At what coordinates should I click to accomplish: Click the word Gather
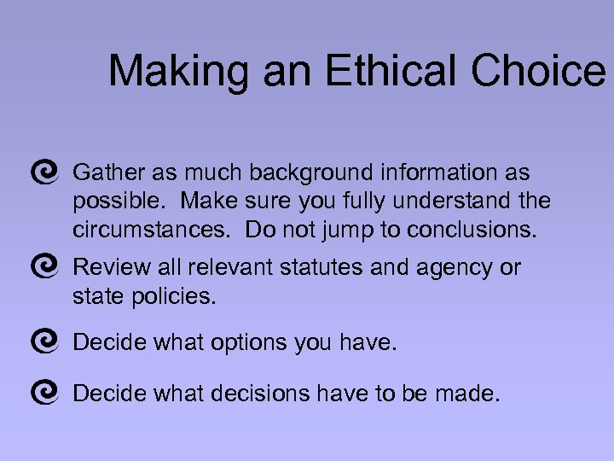click(x=109, y=173)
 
